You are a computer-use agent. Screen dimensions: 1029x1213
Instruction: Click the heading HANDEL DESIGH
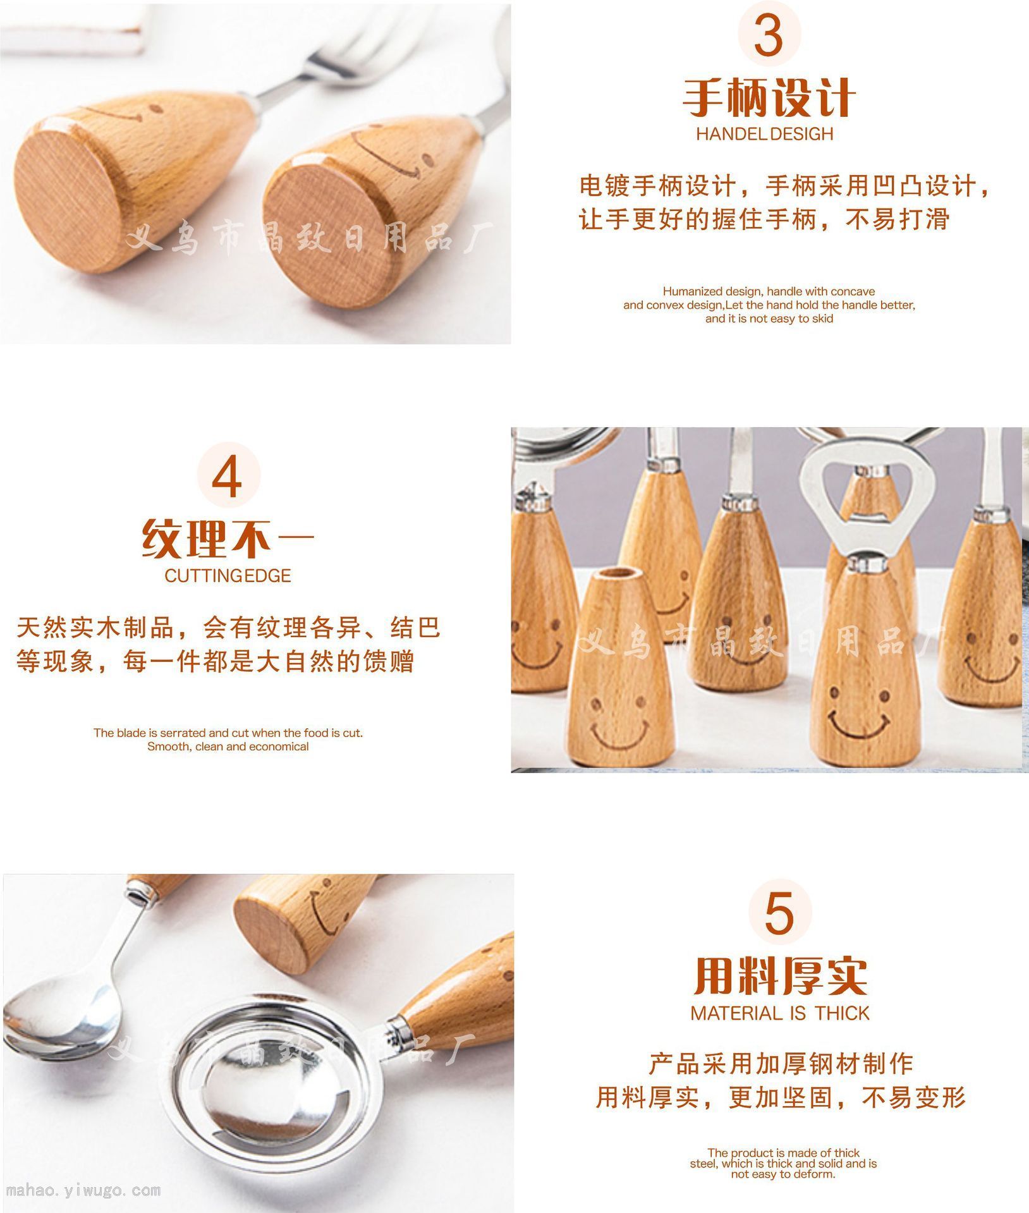pos(765,134)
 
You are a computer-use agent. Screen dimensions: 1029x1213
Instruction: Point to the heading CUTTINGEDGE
pos(228,576)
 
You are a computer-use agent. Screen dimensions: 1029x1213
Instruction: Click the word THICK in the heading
pos(842,1013)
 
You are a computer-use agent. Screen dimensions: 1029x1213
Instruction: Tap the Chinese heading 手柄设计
pos(769,97)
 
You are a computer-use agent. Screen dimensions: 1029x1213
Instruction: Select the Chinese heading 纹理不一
pos(228,539)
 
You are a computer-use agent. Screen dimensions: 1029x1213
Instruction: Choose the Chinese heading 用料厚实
pos(781,976)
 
